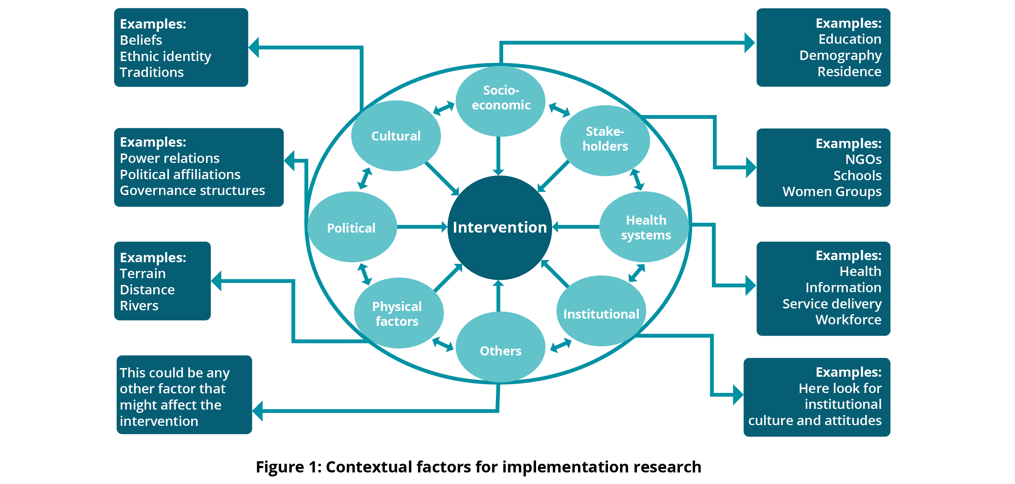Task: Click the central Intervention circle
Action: tap(500, 228)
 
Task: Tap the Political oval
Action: tap(351, 228)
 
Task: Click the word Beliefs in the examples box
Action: tap(141, 40)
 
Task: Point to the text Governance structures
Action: tap(192, 191)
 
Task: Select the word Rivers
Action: tap(139, 306)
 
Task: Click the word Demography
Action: tap(840, 56)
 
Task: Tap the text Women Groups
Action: tap(832, 191)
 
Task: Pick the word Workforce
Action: tap(848, 320)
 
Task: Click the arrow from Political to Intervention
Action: tap(421, 227)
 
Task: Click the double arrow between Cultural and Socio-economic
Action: tap(444, 108)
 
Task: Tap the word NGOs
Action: tap(863, 160)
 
